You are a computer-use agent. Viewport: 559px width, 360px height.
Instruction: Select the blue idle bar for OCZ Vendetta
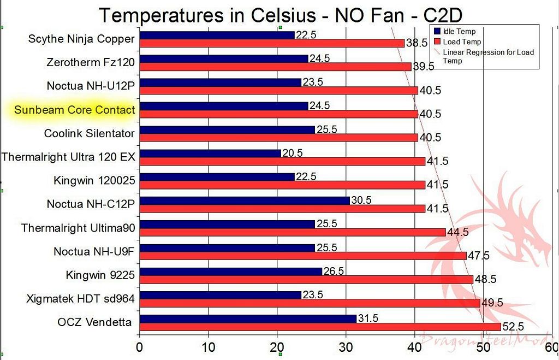(x=248, y=318)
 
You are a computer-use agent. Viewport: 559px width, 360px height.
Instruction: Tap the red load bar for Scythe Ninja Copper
(x=272, y=43)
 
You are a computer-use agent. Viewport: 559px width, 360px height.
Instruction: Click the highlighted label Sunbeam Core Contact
(x=74, y=110)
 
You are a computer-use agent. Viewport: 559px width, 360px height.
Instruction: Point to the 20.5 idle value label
(x=292, y=153)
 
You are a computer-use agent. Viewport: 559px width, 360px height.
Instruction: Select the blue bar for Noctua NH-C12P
(x=245, y=200)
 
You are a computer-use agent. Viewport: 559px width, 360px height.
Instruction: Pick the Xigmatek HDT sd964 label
(x=80, y=299)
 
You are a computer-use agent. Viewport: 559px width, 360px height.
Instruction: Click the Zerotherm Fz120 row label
(x=91, y=62)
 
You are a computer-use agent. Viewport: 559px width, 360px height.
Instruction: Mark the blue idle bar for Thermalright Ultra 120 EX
(x=210, y=154)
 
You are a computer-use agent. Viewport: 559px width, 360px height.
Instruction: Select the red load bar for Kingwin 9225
(x=306, y=279)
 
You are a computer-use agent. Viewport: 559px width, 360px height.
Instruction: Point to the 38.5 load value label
(x=416, y=43)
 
